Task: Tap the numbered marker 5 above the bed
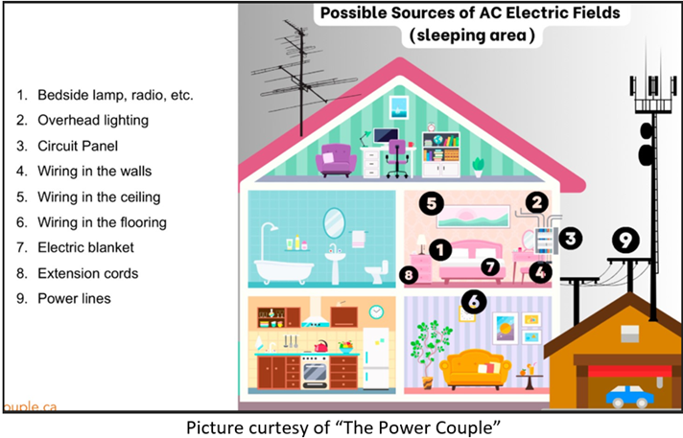[433, 203]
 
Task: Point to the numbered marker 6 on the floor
[473, 303]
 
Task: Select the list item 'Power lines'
[74, 298]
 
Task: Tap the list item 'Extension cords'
[87, 273]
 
